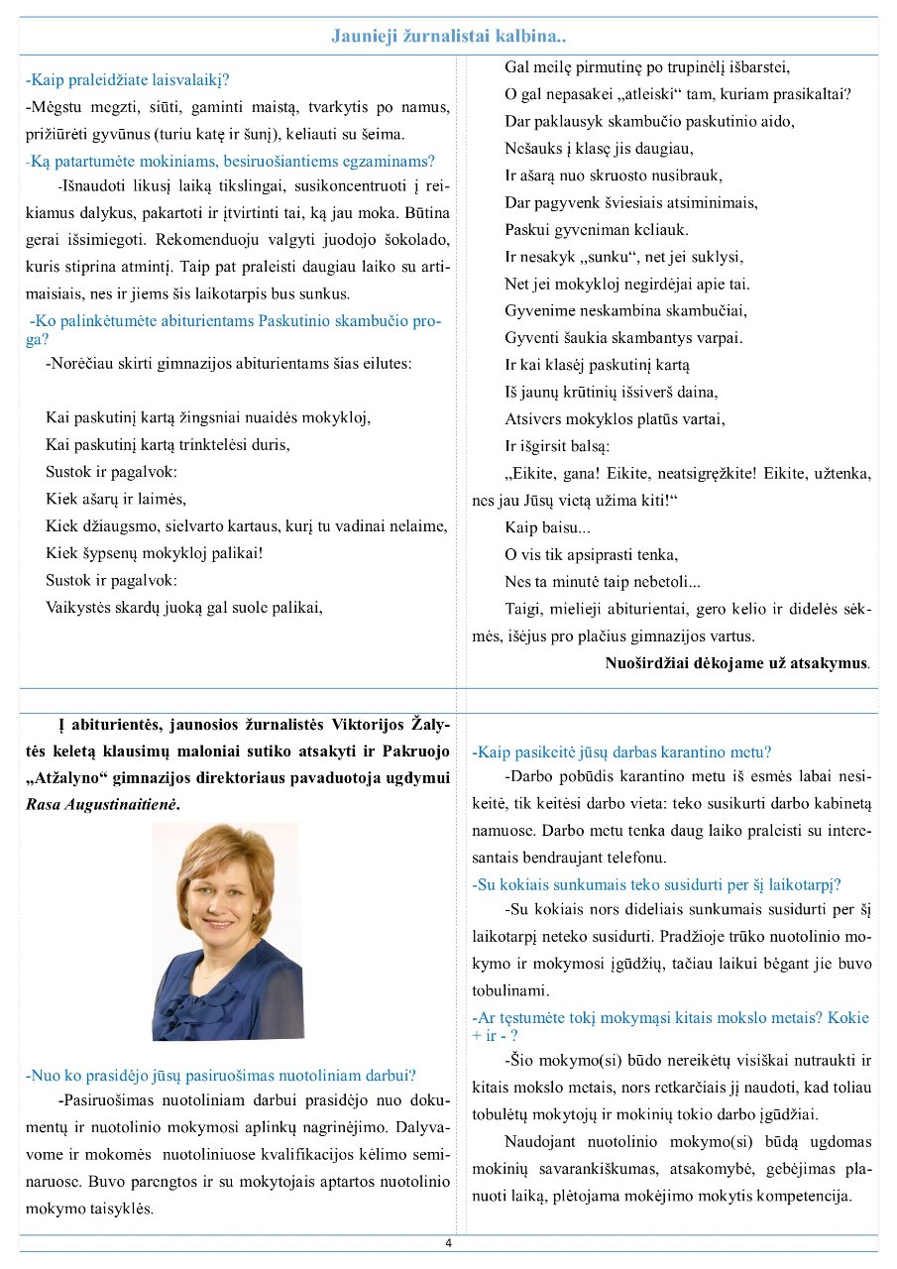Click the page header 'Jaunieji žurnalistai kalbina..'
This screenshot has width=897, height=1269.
click(448, 37)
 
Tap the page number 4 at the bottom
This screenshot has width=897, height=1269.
click(448, 1243)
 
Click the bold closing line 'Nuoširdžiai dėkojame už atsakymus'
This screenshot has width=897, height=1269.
click(737, 662)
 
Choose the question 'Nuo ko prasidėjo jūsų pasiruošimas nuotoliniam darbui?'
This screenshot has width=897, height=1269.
click(220, 1074)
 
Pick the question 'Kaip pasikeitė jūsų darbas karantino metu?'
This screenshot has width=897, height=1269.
click(622, 752)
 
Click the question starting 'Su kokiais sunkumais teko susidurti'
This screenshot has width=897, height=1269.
click(656, 884)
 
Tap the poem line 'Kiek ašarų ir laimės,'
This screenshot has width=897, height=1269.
click(116, 498)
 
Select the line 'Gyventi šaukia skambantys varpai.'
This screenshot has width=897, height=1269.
click(623, 337)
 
